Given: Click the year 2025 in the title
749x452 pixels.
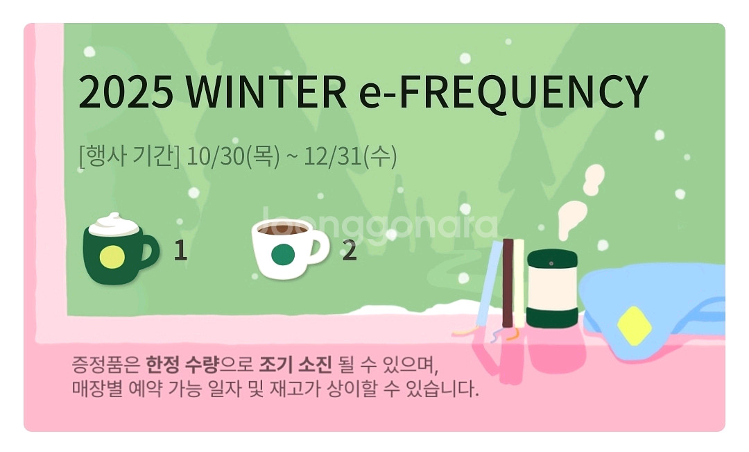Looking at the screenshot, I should (x=126, y=92).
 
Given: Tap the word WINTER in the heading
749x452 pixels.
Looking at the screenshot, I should (x=266, y=92).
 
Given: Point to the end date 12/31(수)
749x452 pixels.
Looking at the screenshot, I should (x=351, y=157).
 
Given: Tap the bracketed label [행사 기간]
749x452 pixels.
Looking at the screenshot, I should (x=129, y=157).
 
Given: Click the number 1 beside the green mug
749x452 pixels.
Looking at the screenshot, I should (x=180, y=251).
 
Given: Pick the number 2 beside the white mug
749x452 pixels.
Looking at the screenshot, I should (x=350, y=251).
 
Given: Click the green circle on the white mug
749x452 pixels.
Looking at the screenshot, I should (x=282, y=256).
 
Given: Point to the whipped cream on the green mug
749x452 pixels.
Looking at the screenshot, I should (x=114, y=224).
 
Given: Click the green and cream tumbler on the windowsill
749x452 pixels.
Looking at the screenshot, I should (x=551, y=288).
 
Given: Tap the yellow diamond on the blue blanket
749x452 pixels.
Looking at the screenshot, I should (x=634, y=325).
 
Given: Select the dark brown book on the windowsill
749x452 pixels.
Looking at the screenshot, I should (x=508, y=283).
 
